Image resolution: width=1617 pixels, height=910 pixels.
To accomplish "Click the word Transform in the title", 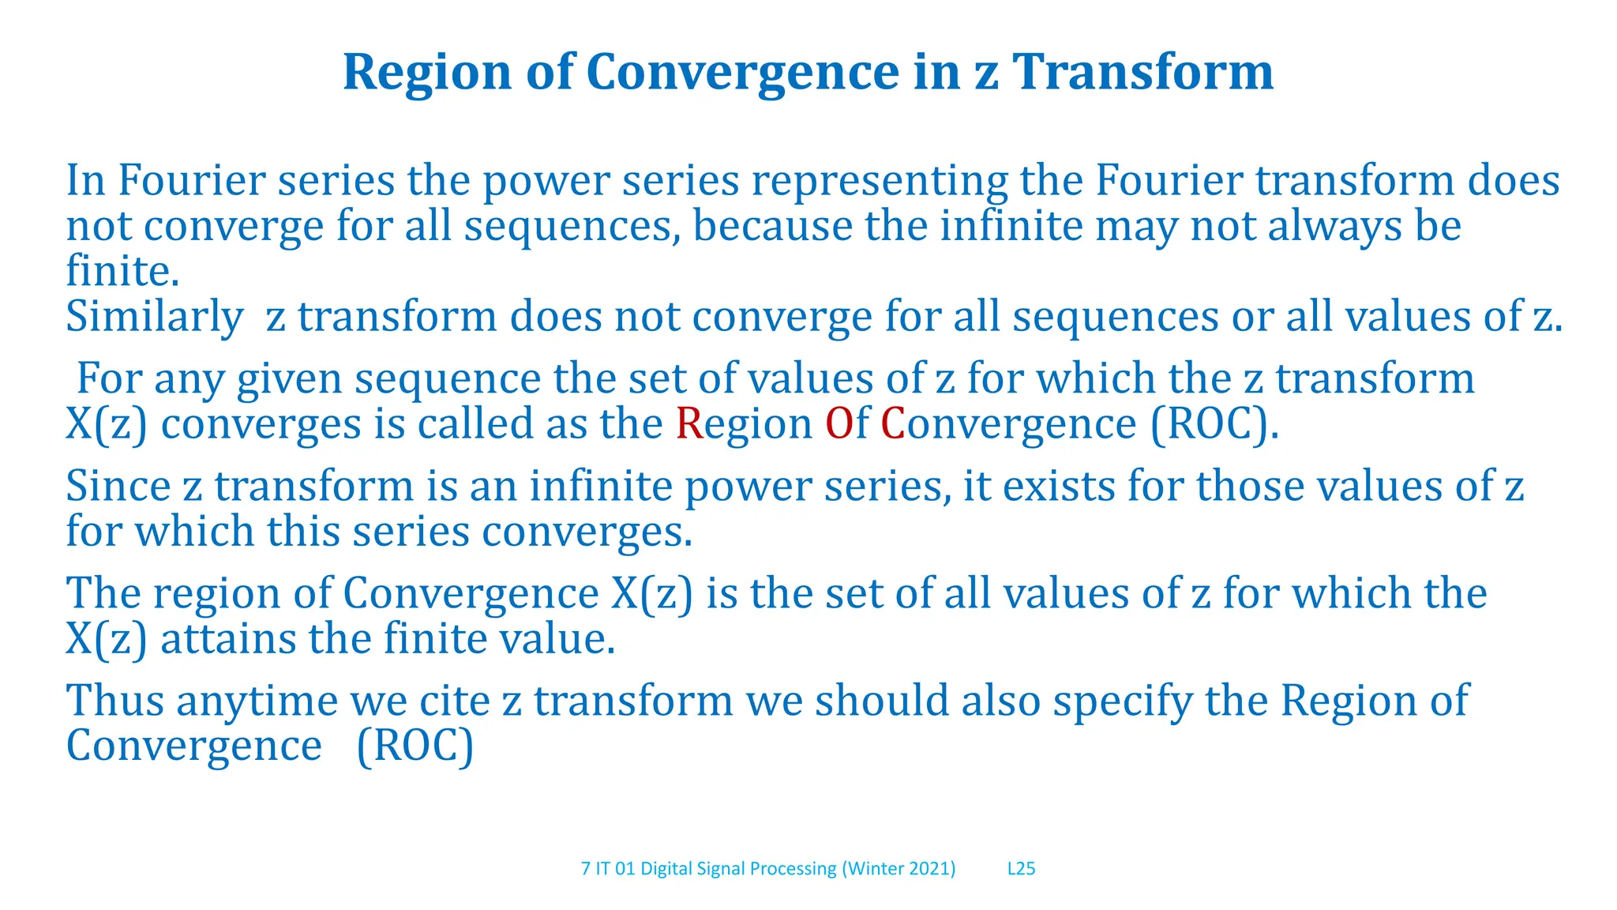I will coord(1142,73).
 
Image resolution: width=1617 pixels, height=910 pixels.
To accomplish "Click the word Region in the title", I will coord(427,73).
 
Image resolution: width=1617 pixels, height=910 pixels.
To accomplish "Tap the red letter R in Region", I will coord(688,424).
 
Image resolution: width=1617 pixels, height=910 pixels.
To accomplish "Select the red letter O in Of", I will coord(839,424).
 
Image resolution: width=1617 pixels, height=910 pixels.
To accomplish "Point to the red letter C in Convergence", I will coord(892,424).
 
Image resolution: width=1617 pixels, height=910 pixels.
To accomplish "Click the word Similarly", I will coord(154,318).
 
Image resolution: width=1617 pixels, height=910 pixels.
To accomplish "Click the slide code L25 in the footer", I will coord(1021,869).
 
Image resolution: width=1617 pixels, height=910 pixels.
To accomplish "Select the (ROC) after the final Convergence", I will coord(415,746).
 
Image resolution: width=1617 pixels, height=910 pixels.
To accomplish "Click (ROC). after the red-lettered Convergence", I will coord(1214,425).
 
